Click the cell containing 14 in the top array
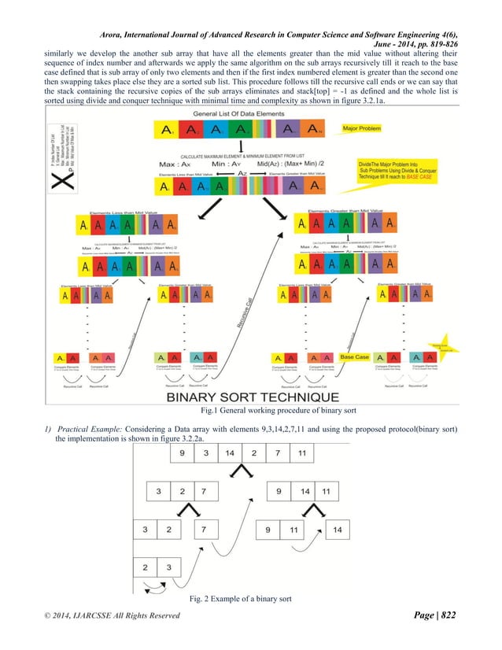pos(229,454)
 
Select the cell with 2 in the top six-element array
pos(253,454)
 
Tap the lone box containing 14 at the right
pos(337,530)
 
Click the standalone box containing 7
pos(204,530)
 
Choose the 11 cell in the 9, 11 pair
pos(292,530)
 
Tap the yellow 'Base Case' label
pos(355,357)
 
